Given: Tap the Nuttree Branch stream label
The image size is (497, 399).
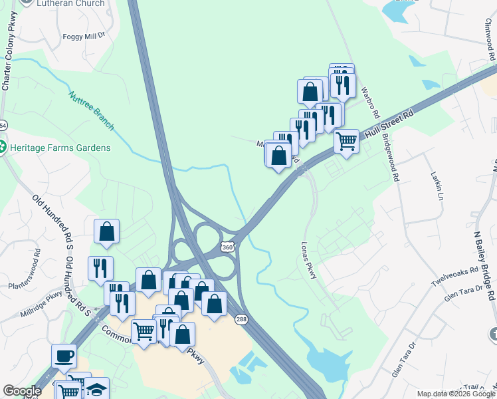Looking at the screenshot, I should (92, 110).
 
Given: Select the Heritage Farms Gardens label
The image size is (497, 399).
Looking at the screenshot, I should (59, 147).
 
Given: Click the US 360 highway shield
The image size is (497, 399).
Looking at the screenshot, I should (227, 247).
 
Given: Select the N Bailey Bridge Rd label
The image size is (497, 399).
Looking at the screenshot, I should (484, 256).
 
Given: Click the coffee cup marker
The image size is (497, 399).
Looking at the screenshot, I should (64, 356).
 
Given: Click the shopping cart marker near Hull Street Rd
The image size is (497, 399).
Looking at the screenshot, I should (346, 140).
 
